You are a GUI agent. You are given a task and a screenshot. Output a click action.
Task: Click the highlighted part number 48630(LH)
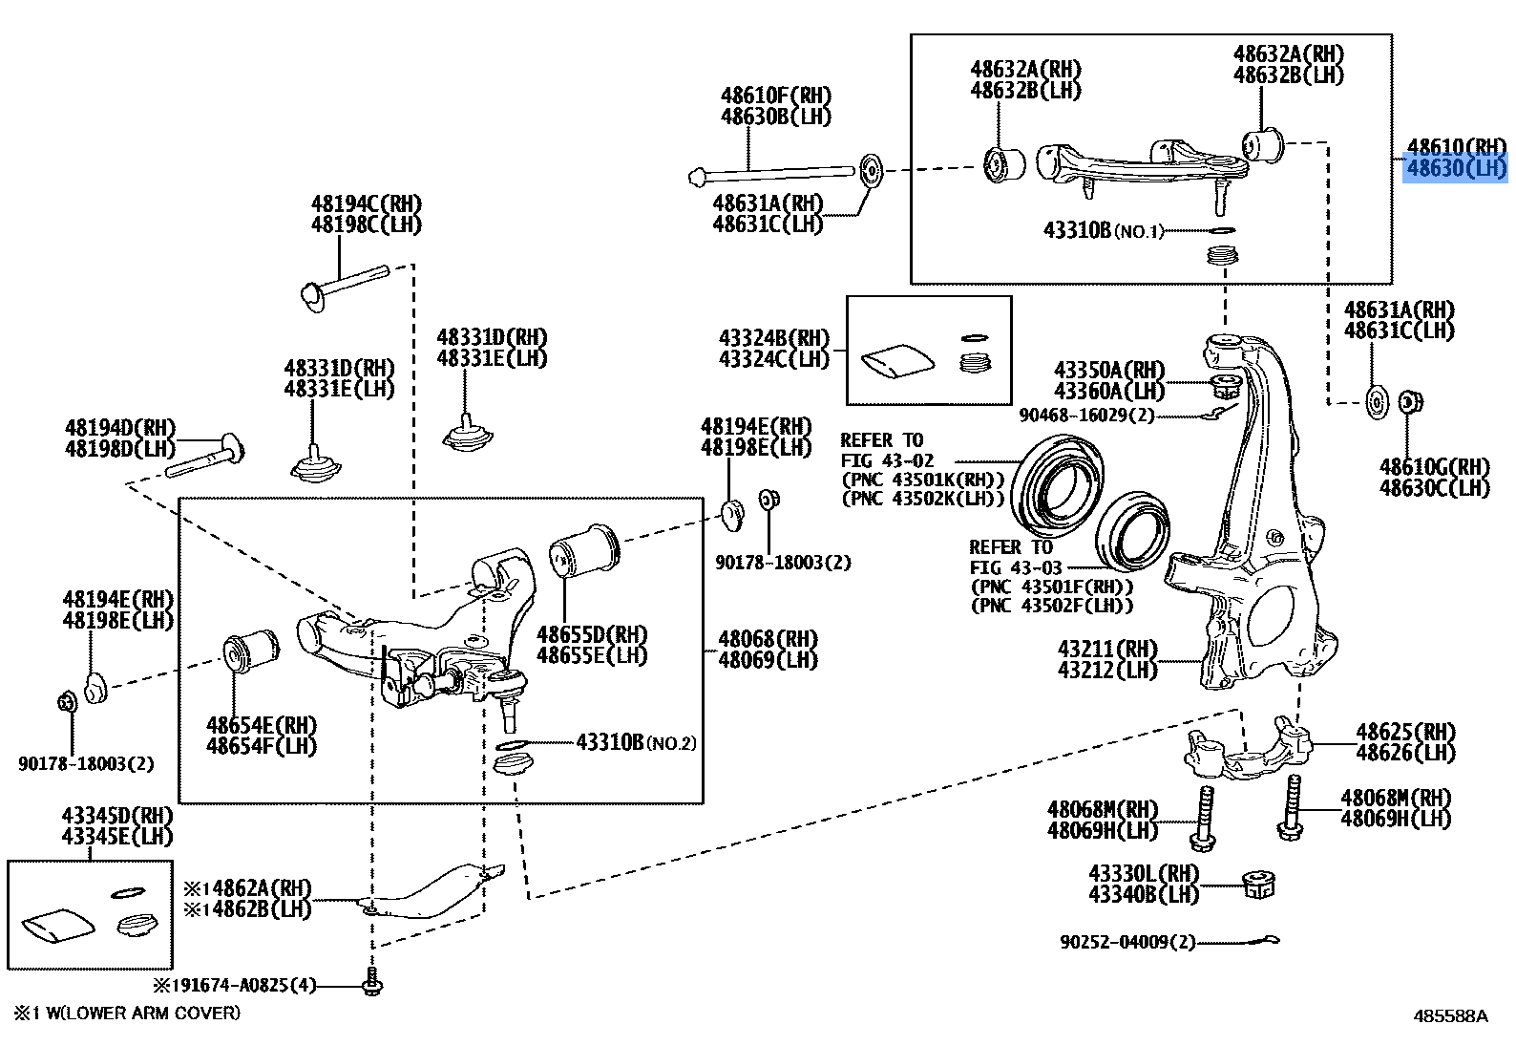[1455, 169]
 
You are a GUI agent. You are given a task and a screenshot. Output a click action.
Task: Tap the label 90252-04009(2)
[1126, 942]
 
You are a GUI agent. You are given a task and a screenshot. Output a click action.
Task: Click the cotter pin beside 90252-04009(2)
[1252, 942]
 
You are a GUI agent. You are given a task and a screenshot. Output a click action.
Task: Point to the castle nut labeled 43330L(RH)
[1260, 886]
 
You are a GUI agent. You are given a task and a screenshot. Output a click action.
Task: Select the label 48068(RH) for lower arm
[767, 638]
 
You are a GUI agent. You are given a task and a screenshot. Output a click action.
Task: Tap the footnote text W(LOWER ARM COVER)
[139, 1013]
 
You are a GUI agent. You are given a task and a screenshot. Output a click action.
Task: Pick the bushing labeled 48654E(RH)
[250, 651]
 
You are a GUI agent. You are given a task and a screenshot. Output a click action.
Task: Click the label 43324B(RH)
[774, 338]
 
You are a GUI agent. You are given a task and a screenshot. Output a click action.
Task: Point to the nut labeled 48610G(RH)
[1406, 403]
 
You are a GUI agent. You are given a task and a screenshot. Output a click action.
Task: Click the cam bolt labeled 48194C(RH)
[344, 284]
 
